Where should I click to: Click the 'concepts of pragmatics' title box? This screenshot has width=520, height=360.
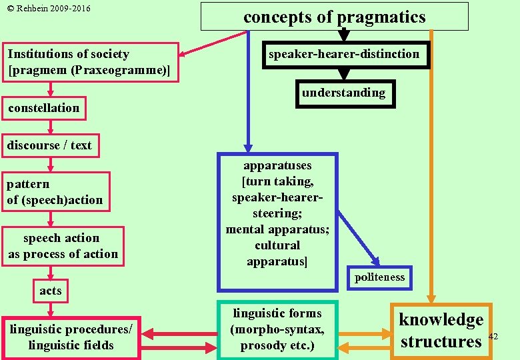click(335, 17)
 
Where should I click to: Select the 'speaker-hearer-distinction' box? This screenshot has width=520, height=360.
click(344, 54)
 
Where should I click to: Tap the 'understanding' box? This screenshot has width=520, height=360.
click(343, 93)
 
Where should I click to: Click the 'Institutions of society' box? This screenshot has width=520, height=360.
click(92, 62)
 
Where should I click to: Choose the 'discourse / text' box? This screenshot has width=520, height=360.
click(49, 145)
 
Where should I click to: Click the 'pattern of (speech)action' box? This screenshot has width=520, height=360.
click(56, 192)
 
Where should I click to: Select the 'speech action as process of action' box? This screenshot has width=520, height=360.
click(63, 246)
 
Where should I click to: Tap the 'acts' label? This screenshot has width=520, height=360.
click(50, 290)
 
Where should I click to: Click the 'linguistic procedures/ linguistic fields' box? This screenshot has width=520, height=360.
click(71, 337)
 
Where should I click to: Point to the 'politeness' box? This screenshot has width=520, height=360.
click(379, 277)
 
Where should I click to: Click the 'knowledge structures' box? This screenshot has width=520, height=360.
click(441, 331)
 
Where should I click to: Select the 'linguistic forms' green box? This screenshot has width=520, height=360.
click(277, 329)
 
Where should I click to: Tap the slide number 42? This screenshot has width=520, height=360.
click(493, 336)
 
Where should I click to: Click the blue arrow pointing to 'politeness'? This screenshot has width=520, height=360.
click(357, 237)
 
